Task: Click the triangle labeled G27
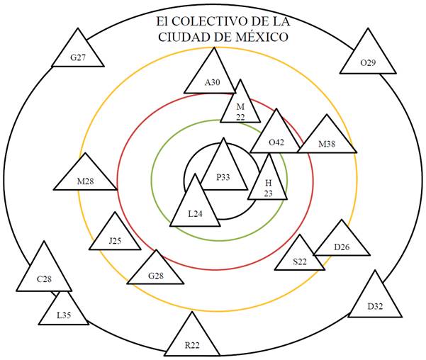(77, 54)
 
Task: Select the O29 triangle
(367, 58)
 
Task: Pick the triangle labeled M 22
(240, 108)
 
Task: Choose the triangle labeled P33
(224, 171)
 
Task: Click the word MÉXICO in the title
(262, 37)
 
